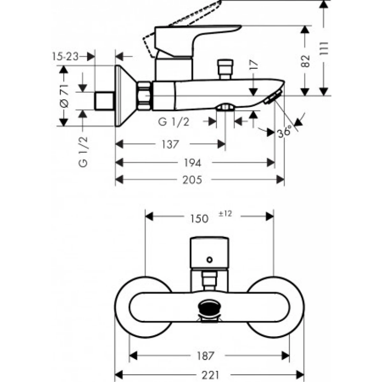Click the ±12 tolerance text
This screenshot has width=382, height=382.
point(225,214)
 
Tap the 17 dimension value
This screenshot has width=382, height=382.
point(254,65)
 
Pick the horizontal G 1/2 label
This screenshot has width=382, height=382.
point(175,122)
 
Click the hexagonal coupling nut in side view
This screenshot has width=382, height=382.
point(145,94)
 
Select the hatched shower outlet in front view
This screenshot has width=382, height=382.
point(209,308)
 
